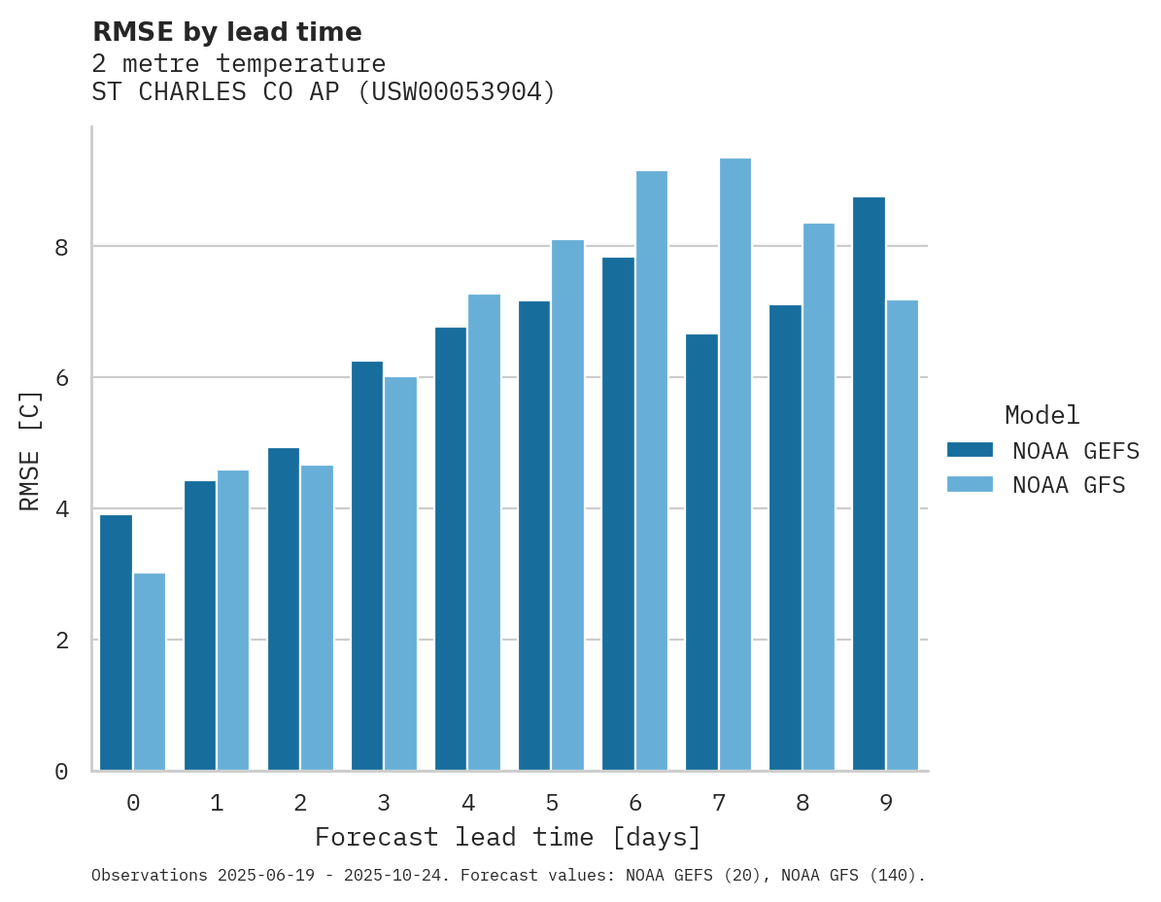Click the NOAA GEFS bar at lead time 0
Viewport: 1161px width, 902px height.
tap(117, 642)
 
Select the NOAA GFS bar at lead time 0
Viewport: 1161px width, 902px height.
tap(150, 672)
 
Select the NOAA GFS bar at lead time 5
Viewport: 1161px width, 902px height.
tap(567, 505)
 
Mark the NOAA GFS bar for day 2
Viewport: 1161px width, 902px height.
tap(317, 618)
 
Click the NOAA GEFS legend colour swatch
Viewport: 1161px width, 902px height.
tap(970, 450)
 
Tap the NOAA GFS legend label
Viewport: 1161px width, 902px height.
tap(1069, 485)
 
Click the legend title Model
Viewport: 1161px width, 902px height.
tap(1041, 416)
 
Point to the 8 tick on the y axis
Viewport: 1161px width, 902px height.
tap(61, 248)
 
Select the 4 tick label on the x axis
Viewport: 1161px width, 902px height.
tap(468, 804)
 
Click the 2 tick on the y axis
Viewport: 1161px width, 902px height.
tap(61, 641)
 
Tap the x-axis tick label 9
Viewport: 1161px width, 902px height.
tap(885, 804)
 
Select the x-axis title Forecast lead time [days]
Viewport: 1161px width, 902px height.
tap(507, 838)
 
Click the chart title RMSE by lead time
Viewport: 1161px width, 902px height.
tap(226, 32)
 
